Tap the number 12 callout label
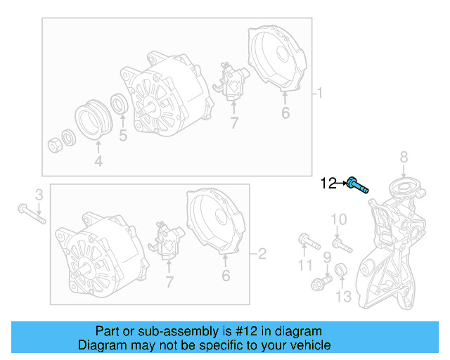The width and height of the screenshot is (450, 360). (x=328, y=184)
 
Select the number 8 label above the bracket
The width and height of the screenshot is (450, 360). (x=404, y=156)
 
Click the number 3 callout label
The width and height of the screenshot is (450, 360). (x=39, y=194)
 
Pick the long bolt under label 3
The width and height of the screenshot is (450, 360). (x=32, y=213)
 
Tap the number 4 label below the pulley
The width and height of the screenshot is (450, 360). (x=98, y=162)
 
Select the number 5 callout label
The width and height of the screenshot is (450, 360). (x=123, y=136)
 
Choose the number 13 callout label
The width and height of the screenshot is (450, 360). (x=342, y=297)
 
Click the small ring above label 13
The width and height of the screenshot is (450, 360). (x=340, y=270)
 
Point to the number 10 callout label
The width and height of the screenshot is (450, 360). (x=338, y=220)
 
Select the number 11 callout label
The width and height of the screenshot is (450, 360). (x=304, y=265)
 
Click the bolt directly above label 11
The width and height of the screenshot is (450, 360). (x=309, y=240)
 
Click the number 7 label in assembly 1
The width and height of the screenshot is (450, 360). (x=234, y=124)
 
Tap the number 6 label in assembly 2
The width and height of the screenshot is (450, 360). (x=226, y=276)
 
